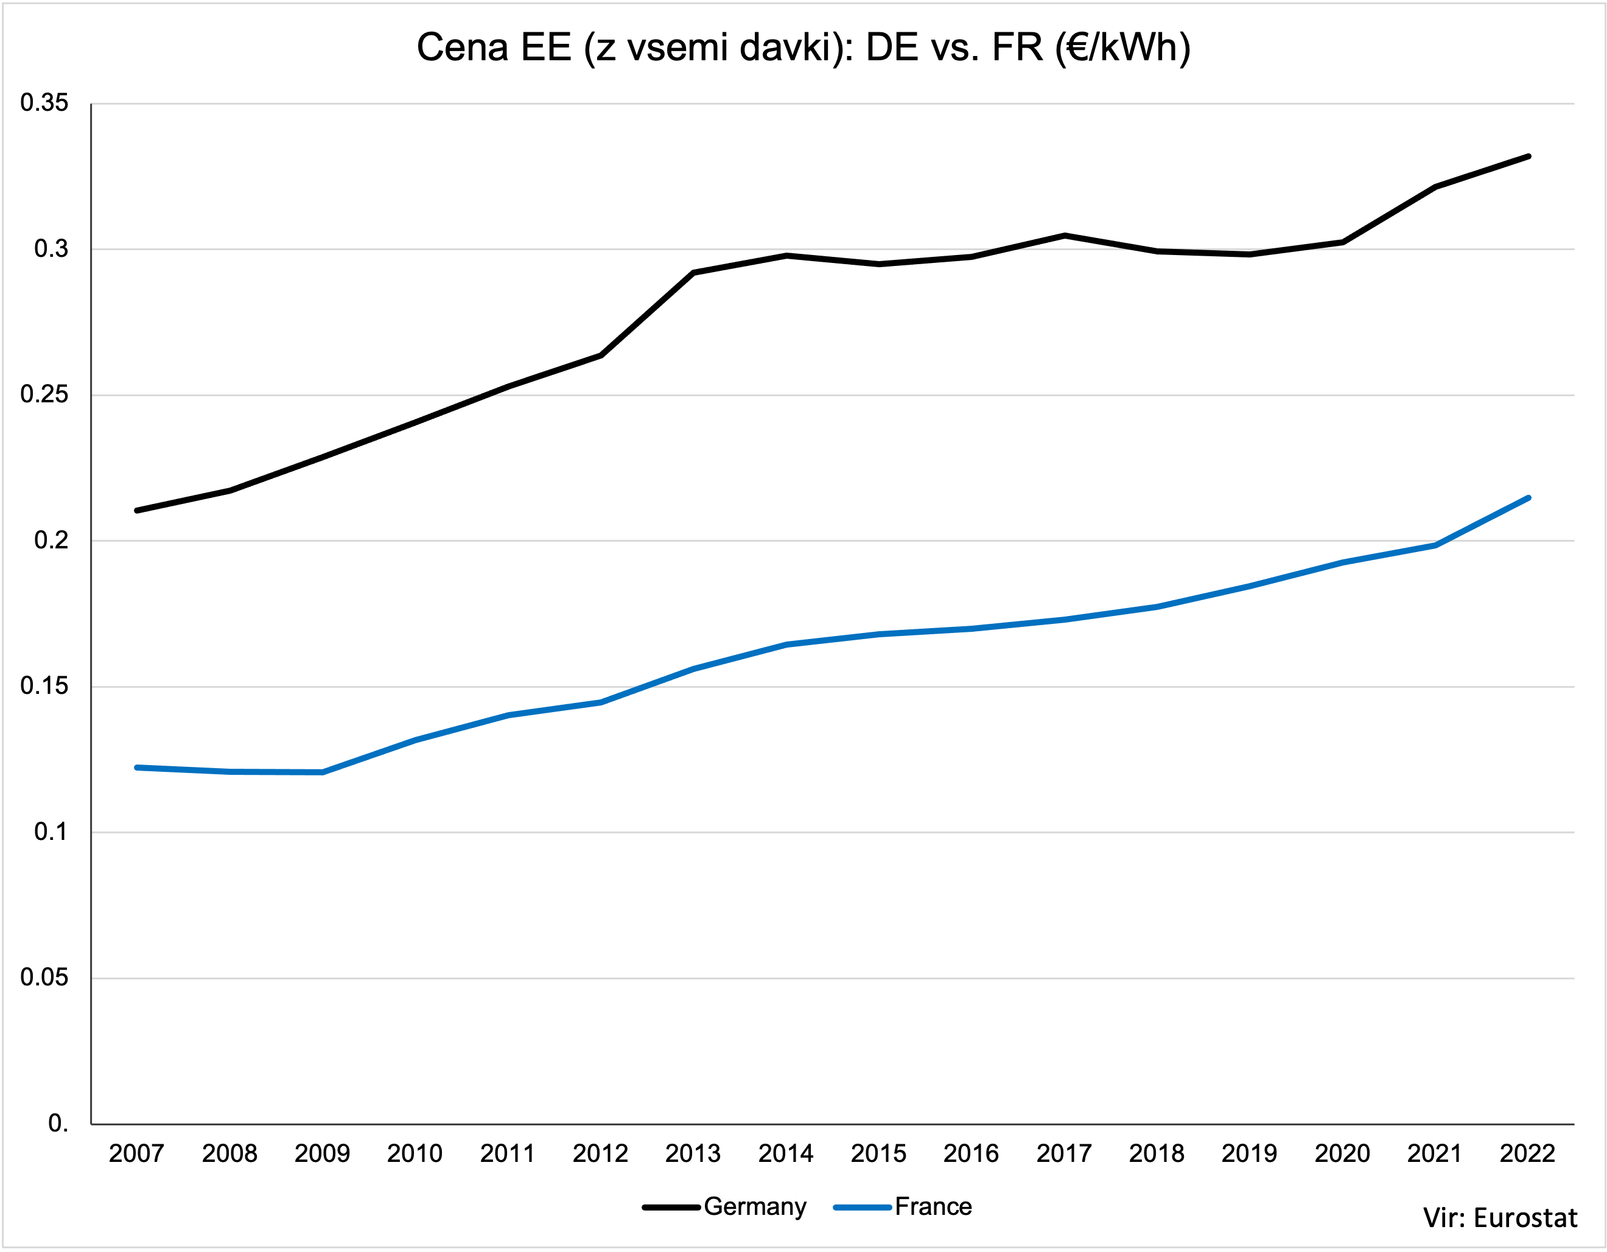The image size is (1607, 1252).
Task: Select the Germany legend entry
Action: pyautogui.click(x=754, y=1207)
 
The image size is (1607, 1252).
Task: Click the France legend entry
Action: pyautogui.click(x=933, y=1207)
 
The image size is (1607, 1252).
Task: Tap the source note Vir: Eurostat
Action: pyautogui.click(x=1500, y=1218)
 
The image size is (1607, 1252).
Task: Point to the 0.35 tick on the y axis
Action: pyautogui.click(x=44, y=103)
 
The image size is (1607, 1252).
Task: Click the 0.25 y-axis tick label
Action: pyautogui.click(x=44, y=394)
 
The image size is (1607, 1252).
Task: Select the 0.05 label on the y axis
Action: pyautogui.click(x=44, y=977)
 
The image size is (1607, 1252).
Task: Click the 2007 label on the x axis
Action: pyautogui.click(x=137, y=1153)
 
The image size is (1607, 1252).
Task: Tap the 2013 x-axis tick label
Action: pyautogui.click(x=693, y=1153)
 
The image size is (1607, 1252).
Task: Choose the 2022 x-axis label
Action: pyautogui.click(x=1527, y=1153)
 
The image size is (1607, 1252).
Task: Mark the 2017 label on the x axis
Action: pyautogui.click(x=1064, y=1153)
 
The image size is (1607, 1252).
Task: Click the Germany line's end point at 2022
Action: pyautogui.click(x=1528, y=156)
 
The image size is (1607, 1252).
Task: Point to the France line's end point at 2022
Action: pyautogui.click(x=1528, y=498)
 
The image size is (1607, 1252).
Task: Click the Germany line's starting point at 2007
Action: pyautogui.click(x=138, y=511)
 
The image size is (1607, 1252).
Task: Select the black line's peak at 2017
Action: pyautogui.click(x=1065, y=236)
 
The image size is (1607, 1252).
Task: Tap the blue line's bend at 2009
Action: pyautogui.click(x=322, y=772)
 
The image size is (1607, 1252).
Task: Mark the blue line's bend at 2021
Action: pyautogui.click(x=1435, y=545)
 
